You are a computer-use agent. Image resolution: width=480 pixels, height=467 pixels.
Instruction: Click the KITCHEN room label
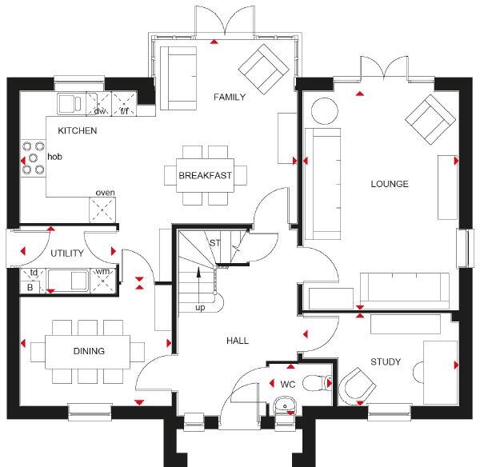tap(78, 130)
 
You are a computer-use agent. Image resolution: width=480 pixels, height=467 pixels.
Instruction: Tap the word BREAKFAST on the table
tap(205, 175)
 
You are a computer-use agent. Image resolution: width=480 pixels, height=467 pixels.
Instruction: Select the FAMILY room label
tap(230, 97)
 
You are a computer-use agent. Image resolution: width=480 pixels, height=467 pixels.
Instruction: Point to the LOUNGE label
tap(390, 184)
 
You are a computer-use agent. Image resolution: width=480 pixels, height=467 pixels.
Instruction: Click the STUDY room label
tap(386, 362)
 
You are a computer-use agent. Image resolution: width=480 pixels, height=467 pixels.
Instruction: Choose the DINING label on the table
tap(89, 351)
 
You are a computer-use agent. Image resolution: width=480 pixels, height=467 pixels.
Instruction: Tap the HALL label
tap(238, 341)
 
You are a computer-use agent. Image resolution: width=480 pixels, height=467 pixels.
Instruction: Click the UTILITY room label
tap(67, 253)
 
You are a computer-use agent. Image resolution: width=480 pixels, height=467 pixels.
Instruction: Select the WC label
tap(288, 384)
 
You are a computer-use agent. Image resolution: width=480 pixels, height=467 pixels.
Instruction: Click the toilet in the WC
tap(317, 383)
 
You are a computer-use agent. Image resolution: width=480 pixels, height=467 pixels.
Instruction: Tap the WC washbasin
tap(285, 405)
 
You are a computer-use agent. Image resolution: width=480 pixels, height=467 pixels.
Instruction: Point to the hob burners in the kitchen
tap(33, 158)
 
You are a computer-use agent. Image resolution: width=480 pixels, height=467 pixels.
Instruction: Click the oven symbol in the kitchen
tap(102, 210)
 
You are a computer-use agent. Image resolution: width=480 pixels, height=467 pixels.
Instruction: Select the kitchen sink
tap(70, 104)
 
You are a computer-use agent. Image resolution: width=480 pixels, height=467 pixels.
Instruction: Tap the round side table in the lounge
tap(325, 111)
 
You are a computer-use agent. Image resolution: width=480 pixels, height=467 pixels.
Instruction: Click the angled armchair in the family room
tap(263, 69)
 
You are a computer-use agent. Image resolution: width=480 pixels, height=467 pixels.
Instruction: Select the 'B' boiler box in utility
tap(30, 287)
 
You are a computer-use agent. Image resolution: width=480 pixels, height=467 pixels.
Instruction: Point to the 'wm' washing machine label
tap(102, 272)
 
